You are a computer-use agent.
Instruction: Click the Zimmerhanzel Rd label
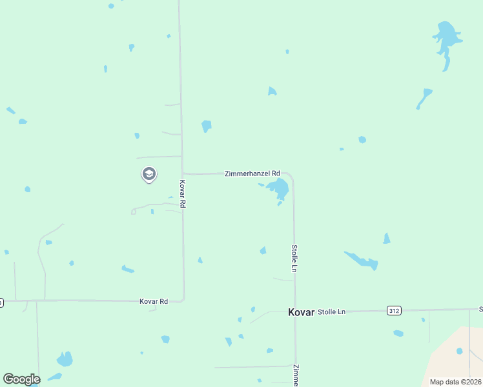point(252,174)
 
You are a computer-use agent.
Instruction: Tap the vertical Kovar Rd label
point(183,193)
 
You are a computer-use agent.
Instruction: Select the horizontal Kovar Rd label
point(154,301)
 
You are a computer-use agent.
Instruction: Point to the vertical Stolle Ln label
point(294,257)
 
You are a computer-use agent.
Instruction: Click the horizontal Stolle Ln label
point(332,312)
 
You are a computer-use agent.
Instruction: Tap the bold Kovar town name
point(301,312)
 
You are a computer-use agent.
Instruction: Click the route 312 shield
point(394,311)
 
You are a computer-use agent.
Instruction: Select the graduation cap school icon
point(149,174)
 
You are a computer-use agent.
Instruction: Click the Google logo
point(21,379)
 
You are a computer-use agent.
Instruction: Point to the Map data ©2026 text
point(455,382)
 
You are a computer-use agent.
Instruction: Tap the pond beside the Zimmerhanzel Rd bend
point(279,189)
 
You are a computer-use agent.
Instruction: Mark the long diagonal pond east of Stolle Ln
point(362,261)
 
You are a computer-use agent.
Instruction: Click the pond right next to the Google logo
point(65,359)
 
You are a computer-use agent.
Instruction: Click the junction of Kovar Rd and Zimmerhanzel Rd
point(183,173)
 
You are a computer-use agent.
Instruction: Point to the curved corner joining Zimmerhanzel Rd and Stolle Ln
point(292,177)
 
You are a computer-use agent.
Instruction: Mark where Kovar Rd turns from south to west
point(183,299)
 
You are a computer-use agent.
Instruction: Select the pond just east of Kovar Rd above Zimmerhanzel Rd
point(206,126)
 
